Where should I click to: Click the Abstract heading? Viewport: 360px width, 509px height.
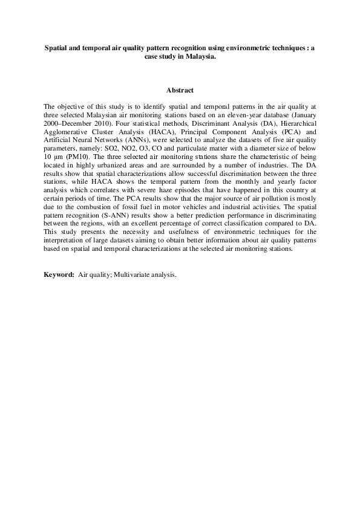tap(180, 91)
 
